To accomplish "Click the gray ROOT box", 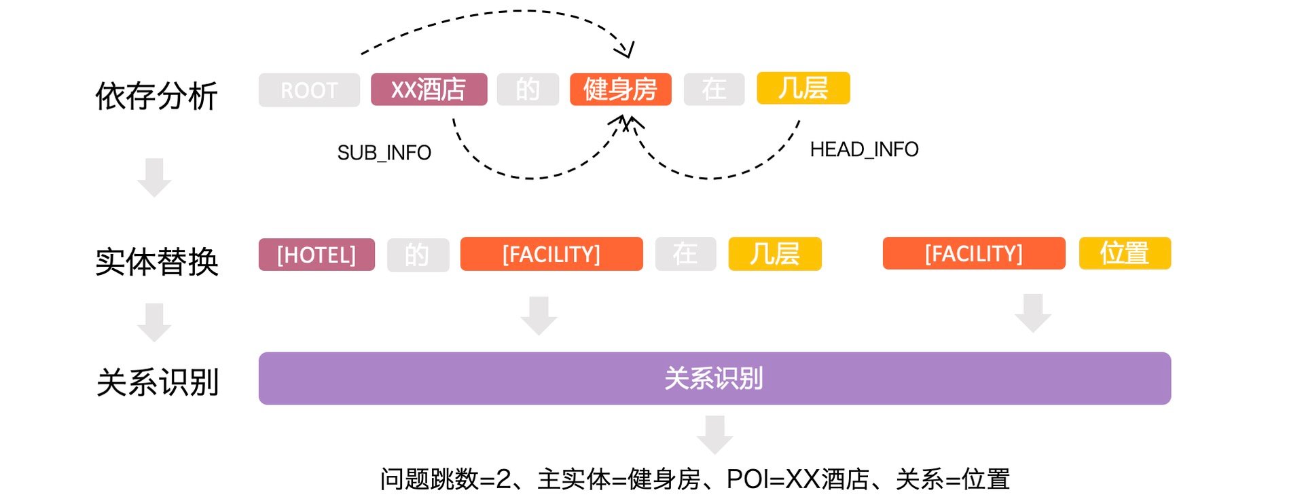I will click(309, 90).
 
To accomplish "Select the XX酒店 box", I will click(429, 90).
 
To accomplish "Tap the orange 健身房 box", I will click(620, 90).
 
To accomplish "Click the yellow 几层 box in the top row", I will click(803, 88).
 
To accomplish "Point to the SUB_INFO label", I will click(384, 153).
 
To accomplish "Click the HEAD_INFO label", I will click(864, 149).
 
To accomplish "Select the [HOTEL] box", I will click(316, 255).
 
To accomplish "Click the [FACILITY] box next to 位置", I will click(973, 254).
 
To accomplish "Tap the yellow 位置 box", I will click(1125, 253).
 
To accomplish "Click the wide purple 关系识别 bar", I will click(714, 378).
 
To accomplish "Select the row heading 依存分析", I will click(156, 96).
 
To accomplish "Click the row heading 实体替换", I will click(156, 261).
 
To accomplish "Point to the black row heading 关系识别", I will click(156, 382).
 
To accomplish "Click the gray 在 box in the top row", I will click(714, 90).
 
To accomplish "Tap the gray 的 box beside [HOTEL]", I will click(418, 255).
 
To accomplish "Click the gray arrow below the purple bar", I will click(714, 434).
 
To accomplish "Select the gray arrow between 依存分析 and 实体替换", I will click(154, 177).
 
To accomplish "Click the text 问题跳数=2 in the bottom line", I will click(445, 479).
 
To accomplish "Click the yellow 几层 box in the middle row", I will click(774, 254).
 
